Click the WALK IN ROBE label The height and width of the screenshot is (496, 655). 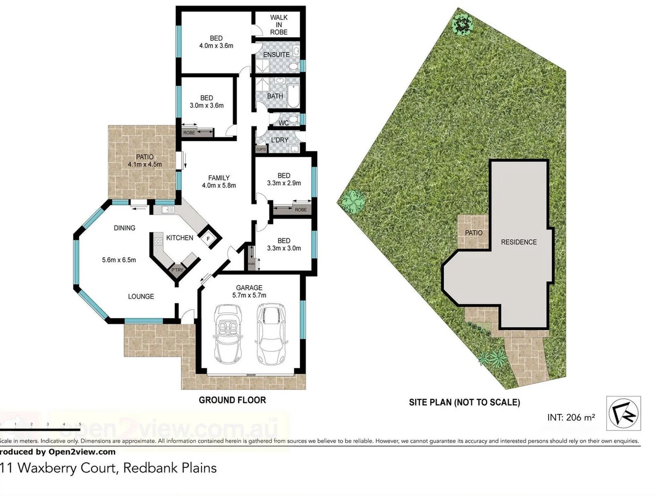click(x=279, y=25)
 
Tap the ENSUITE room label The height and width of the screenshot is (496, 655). click(x=276, y=55)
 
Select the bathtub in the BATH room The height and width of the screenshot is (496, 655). click(x=293, y=96)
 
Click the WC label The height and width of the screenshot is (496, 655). click(x=284, y=123)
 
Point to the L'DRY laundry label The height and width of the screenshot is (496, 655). click(x=280, y=140)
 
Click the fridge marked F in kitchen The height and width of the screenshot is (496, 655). click(x=209, y=239)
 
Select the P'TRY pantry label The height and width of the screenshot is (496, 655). click(x=177, y=270)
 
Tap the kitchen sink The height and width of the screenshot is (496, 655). click(x=168, y=210)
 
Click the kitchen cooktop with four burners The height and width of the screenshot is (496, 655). click(x=158, y=241)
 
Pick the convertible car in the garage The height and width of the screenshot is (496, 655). click(x=228, y=334)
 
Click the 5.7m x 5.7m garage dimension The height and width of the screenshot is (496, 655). click(x=249, y=295)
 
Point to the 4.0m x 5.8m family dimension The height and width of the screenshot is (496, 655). click(x=219, y=186)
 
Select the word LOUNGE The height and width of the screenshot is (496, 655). click(x=141, y=297)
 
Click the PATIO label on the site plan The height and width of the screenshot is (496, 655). click(x=474, y=233)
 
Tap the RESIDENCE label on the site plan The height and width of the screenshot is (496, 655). click(x=519, y=242)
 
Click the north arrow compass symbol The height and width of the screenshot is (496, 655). click(x=623, y=413)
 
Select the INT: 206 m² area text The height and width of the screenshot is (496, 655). click(x=571, y=417)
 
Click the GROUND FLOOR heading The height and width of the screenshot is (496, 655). click(x=232, y=400)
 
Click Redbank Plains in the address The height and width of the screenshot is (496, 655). click(x=170, y=468)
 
